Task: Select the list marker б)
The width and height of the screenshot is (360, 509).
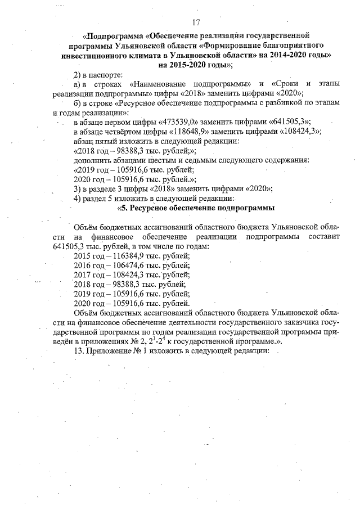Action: tap(78, 103)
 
